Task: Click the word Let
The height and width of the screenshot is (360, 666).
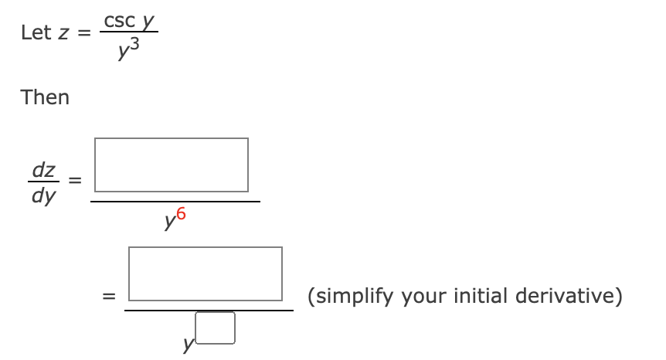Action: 36,32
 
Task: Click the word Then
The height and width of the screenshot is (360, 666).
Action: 45,97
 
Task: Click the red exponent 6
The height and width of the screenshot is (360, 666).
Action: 181,216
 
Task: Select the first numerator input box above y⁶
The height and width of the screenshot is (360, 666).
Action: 172,165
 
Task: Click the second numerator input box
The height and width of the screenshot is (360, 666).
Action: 206,273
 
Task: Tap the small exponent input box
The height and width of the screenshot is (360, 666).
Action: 216,327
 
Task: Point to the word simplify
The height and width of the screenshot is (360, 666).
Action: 348,296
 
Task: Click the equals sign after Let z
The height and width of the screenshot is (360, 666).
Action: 83,32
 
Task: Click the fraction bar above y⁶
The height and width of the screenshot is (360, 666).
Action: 175,201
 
